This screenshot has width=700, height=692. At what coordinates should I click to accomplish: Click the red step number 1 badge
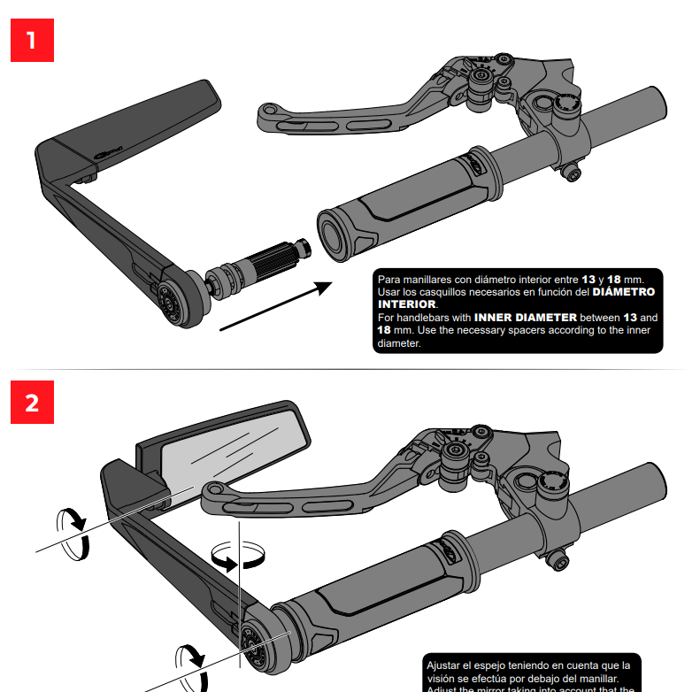pyautogui.click(x=32, y=41)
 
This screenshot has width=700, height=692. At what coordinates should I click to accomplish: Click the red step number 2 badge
pyautogui.click(x=32, y=404)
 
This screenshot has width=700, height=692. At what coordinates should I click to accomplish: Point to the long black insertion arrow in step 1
pyautogui.click(x=275, y=306)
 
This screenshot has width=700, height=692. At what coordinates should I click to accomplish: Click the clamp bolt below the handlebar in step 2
pyautogui.click(x=558, y=560)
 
